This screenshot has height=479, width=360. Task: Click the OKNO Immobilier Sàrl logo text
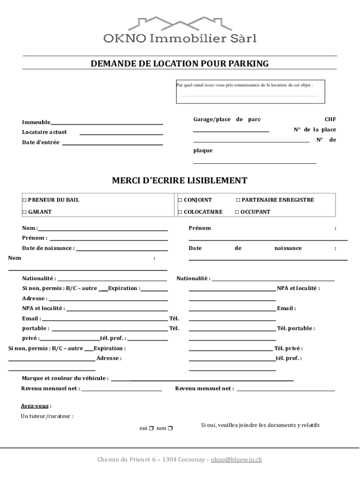coord(180,38)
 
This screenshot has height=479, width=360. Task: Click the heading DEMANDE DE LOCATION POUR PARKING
coord(180,64)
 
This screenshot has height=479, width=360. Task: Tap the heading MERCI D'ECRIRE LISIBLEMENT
coord(180,181)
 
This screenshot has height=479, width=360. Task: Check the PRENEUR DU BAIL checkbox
coord(24,200)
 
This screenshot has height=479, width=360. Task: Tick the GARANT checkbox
coord(24,212)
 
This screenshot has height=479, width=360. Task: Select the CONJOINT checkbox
coord(180,200)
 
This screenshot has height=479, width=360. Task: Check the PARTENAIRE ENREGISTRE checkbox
coord(238,200)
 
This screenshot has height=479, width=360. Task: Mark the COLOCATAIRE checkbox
coord(180,212)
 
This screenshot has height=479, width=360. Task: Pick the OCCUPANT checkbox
coord(237,212)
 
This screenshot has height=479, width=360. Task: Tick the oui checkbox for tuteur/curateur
coord(151,428)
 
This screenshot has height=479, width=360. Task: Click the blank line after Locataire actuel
coord(121,134)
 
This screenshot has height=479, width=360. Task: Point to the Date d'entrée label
coord(41,143)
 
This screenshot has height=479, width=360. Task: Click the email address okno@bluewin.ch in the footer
coord(236,460)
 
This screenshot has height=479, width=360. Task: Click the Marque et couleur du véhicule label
coord(65,378)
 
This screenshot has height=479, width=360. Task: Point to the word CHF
coord(330,119)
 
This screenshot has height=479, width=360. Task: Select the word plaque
coord(203,151)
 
